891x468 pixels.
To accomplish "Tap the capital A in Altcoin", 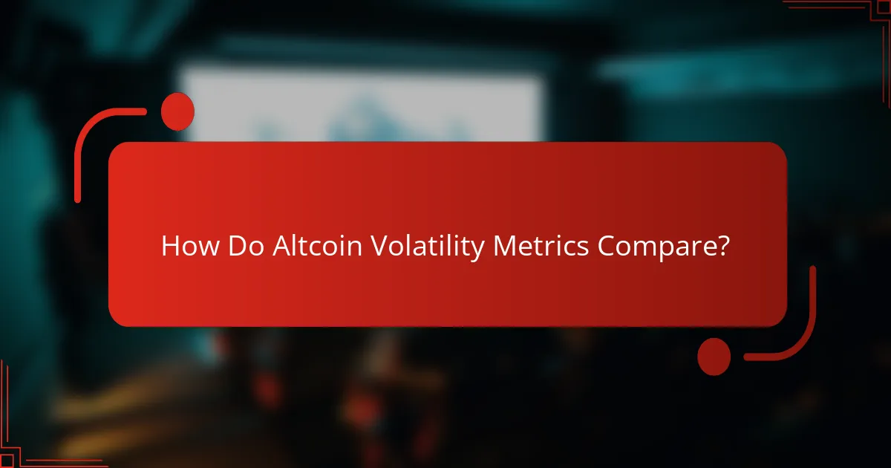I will pos(280,247).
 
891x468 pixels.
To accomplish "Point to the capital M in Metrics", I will pos(504,247).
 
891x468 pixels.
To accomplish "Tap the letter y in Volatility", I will pos(479,250).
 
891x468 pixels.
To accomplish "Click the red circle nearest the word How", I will pos(177,112).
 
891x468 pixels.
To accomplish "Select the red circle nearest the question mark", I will pos(714,356).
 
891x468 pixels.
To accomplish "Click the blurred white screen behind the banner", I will pos(356,104).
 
